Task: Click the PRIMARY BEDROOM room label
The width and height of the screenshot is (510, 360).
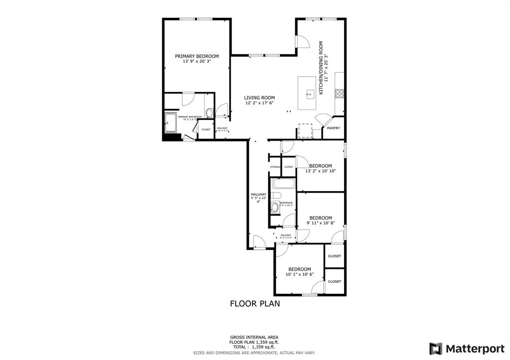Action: [197, 56]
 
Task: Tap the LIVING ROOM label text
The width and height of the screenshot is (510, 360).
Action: [259, 98]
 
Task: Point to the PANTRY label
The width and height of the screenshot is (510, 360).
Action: [333, 128]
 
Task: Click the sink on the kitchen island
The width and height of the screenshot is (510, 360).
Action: [310, 93]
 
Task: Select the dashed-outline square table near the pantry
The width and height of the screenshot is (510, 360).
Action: [304, 129]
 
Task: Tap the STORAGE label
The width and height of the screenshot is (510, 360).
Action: [275, 167]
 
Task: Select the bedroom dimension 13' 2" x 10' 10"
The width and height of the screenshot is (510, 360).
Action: [320, 171]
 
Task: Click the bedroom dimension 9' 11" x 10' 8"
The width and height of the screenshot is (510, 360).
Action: [320, 223]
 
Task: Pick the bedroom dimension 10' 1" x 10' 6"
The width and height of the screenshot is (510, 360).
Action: [299, 274]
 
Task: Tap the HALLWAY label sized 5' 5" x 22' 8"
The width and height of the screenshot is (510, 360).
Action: [258, 198]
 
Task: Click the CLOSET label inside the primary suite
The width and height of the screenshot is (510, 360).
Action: [206, 129]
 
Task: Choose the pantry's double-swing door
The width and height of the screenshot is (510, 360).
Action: [322, 120]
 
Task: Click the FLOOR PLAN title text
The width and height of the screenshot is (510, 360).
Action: [255, 303]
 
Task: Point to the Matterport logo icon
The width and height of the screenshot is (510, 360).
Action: [436, 348]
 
